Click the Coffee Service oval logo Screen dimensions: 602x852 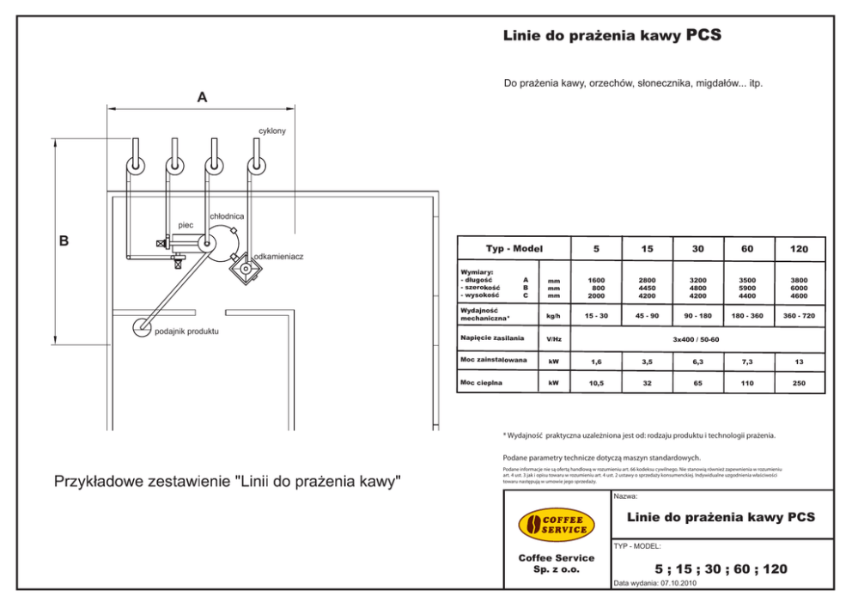[556, 525]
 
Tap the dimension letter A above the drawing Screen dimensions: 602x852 [202, 98]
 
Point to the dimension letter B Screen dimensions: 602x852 [64, 240]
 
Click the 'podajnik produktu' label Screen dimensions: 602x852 [186, 331]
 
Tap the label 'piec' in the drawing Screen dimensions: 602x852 [185, 224]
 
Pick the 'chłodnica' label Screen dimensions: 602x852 [227, 216]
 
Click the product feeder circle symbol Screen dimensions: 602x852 [141, 327]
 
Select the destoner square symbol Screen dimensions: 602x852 [245, 268]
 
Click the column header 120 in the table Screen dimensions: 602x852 [799, 249]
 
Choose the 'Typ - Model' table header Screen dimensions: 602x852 [514, 249]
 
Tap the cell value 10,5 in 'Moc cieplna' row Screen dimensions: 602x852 [596, 383]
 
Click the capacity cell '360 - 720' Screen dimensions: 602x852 [799, 316]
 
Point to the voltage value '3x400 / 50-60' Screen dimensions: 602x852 [697, 339]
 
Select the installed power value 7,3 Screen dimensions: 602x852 [747, 362]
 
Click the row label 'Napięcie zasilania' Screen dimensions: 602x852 [492, 338]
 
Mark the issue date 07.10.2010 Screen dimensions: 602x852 [679, 583]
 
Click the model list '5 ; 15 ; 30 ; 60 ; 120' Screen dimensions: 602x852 [721, 569]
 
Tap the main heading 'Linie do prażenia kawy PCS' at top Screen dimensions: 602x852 [611, 36]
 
